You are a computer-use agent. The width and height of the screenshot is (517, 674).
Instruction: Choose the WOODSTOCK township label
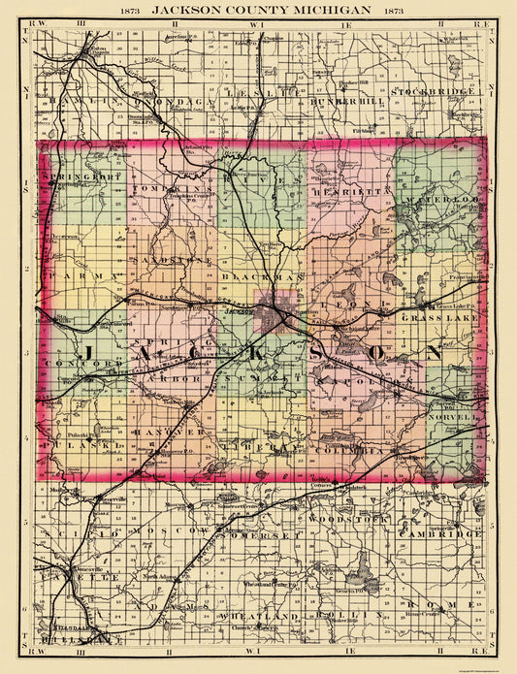339,520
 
